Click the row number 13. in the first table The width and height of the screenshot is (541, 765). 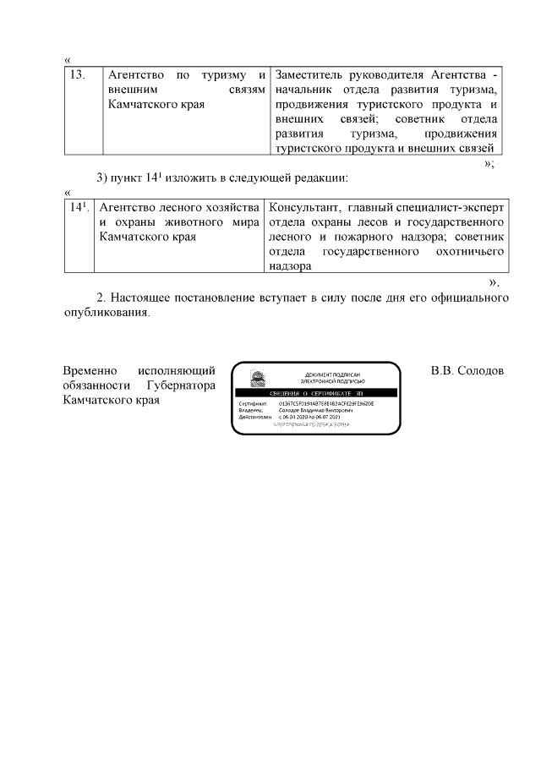(x=77, y=75)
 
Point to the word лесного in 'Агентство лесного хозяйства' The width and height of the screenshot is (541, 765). (x=176, y=207)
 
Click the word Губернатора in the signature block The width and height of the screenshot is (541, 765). (x=180, y=385)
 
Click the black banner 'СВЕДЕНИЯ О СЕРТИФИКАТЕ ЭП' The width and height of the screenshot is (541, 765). (x=314, y=394)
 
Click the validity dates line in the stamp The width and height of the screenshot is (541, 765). (x=309, y=418)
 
